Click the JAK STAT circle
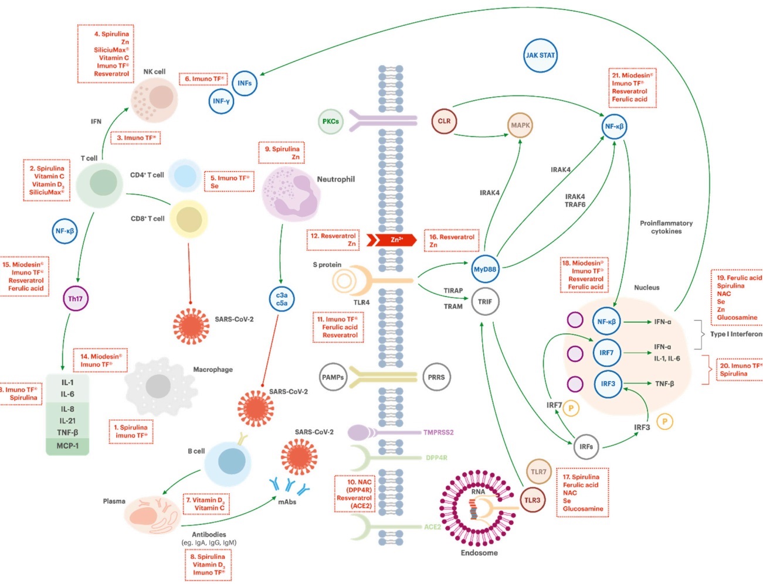tap(540, 56)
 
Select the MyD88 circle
tap(485, 269)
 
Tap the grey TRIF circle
tap(485, 302)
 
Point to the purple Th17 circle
tap(76, 299)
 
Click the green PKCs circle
tap(331, 121)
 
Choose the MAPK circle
tap(520, 125)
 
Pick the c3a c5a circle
tap(282, 299)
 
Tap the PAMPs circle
tap(333, 377)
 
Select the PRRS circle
tap(436, 377)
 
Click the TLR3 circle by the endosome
tap(533, 500)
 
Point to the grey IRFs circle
tap(586, 446)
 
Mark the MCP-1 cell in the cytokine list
tap(67, 446)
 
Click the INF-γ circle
tap(221, 101)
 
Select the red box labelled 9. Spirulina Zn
tap(282, 153)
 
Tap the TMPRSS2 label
tap(438, 433)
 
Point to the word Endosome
tap(479, 553)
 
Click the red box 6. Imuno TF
tap(203, 79)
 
